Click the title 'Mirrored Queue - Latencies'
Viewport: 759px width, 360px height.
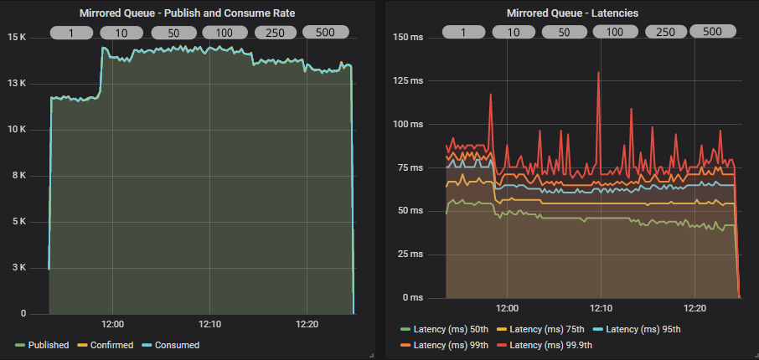click(571, 13)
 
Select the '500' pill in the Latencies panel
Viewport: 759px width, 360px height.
click(712, 32)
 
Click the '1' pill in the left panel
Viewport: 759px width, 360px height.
click(71, 33)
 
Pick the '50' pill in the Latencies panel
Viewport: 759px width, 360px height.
click(564, 33)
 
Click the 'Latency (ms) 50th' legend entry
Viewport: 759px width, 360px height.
click(451, 330)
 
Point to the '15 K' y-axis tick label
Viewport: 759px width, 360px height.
click(17, 38)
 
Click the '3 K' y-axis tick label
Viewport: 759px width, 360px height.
click(19, 268)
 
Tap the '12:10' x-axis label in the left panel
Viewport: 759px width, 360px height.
click(210, 324)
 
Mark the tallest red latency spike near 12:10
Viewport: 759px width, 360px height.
click(598, 73)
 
